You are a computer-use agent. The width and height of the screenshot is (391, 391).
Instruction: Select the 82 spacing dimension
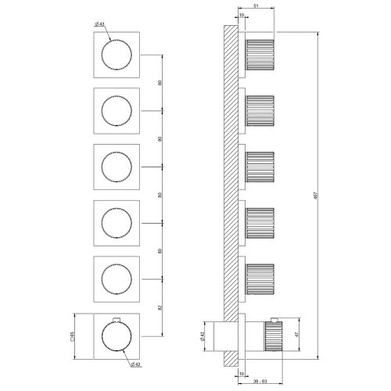coord(160,308)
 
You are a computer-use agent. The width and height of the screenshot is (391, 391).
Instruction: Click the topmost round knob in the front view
coord(117,56)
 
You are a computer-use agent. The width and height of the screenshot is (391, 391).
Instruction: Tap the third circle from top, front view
coord(117,168)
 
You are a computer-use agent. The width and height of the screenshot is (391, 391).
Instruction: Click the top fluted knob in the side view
coord(261,55)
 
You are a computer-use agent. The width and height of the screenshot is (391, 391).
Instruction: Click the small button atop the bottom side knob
coord(274,321)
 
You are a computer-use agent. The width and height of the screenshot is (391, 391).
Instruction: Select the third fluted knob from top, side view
coord(261,167)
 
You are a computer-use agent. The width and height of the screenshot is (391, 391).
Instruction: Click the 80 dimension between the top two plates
coord(160,83)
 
